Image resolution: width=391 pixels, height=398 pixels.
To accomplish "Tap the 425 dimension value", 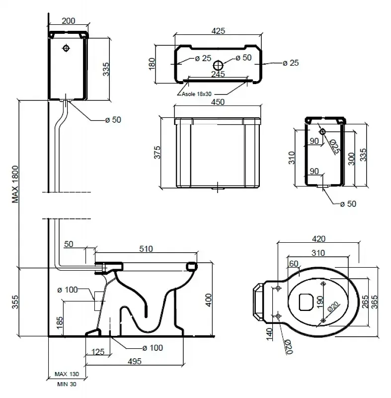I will click(219, 31).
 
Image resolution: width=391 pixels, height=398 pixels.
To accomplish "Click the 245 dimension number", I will click(218, 74).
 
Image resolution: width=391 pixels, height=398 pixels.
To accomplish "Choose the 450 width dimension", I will click(218, 102).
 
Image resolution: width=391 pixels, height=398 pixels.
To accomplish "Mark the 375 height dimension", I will click(156, 153).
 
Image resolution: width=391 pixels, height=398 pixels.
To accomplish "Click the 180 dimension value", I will click(153, 63).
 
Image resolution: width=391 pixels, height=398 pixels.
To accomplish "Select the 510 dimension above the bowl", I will click(146, 249).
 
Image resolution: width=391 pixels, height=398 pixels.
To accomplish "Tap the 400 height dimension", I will click(209, 298).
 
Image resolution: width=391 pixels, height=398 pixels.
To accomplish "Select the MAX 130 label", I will click(67, 374).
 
